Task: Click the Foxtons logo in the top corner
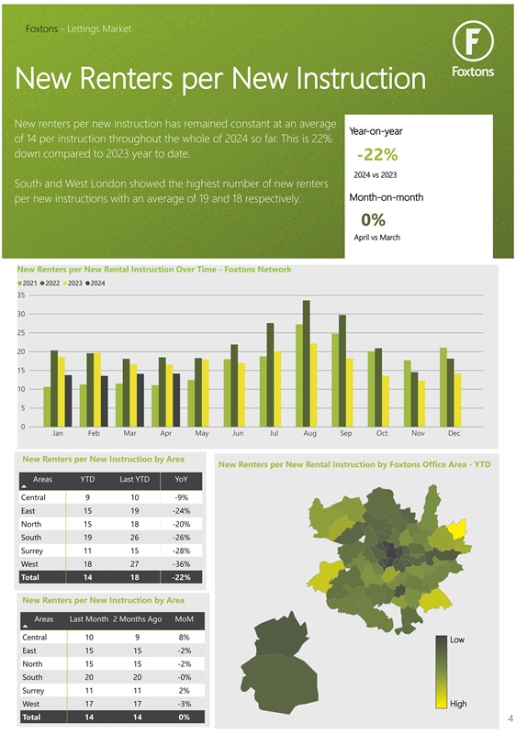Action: click(x=473, y=50)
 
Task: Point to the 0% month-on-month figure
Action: click(x=373, y=219)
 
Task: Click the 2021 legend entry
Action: click(x=28, y=283)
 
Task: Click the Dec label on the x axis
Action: click(x=454, y=432)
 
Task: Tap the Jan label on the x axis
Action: click(x=57, y=432)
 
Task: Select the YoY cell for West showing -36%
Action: click(x=181, y=562)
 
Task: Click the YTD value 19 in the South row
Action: click(x=86, y=537)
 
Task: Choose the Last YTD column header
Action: click(x=134, y=479)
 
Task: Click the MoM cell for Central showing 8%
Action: click(x=184, y=637)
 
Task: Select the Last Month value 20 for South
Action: click(x=88, y=676)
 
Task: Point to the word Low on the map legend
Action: click(x=458, y=639)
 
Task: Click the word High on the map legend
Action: click(x=458, y=704)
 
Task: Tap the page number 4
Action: click(x=509, y=718)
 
